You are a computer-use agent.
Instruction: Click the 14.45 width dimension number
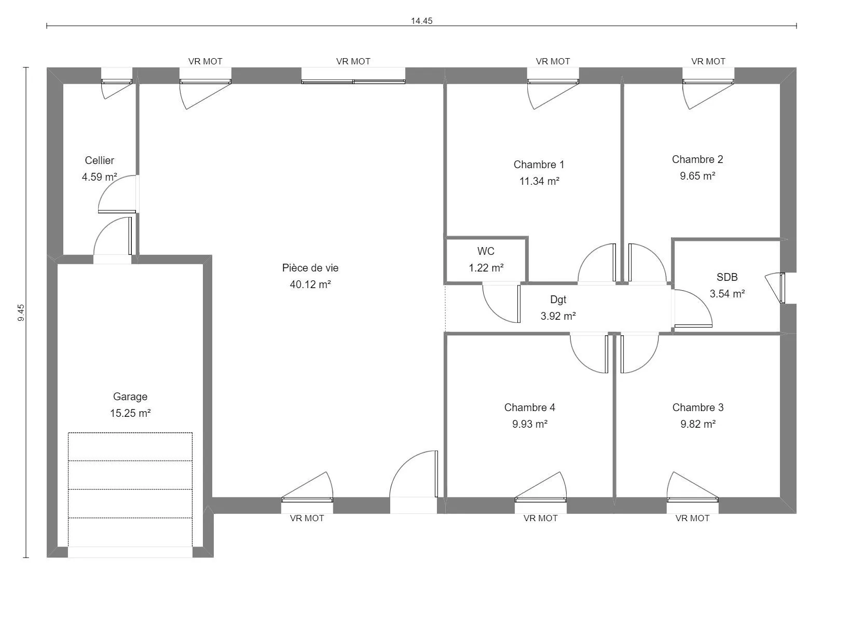point(421,21)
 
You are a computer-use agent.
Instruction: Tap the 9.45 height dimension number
point(21,312)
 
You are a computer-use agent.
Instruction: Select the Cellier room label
point(100,160)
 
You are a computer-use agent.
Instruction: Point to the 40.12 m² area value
point(310,284)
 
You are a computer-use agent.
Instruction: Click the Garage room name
point(130,397)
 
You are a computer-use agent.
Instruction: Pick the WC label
point(486,251)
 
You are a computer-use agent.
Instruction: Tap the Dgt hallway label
point(558,300)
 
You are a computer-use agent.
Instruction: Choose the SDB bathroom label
point(727,277)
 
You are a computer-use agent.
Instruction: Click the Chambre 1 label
point(539,165)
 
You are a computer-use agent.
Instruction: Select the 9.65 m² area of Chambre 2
point(698,176)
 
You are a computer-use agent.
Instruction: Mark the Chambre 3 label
point(698,407)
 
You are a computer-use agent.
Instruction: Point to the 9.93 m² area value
point(530,424)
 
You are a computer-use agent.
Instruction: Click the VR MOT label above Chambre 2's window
point(708,61)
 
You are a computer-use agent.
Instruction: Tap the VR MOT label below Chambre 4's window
point(540,518)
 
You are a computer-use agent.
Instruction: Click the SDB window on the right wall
point(782,288)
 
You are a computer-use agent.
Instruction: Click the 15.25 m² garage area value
point(130,413)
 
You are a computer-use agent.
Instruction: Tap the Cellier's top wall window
point(117,82)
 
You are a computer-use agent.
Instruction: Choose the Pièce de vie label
point(310,268)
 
